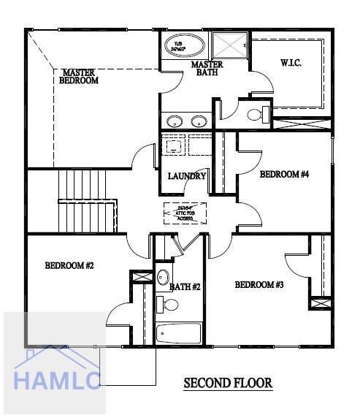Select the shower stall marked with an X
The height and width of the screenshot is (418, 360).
point(230,46)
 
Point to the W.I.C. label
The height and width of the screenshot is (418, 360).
point(290,64)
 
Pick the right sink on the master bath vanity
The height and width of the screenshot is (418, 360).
point(198,121)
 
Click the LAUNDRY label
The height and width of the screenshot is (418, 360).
point(187,176)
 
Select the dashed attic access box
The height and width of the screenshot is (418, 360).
point(185,213)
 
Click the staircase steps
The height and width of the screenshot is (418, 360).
point(86,200)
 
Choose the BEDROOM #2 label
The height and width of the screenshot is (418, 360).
point(69,266)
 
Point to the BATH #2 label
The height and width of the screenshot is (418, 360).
point(185,287)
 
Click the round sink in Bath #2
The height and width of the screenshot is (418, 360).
point(164,278)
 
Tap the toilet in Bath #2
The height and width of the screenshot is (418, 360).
point(163,303)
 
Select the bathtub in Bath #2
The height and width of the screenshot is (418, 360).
point(179,333)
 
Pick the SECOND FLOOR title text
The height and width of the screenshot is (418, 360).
point(228,383)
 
